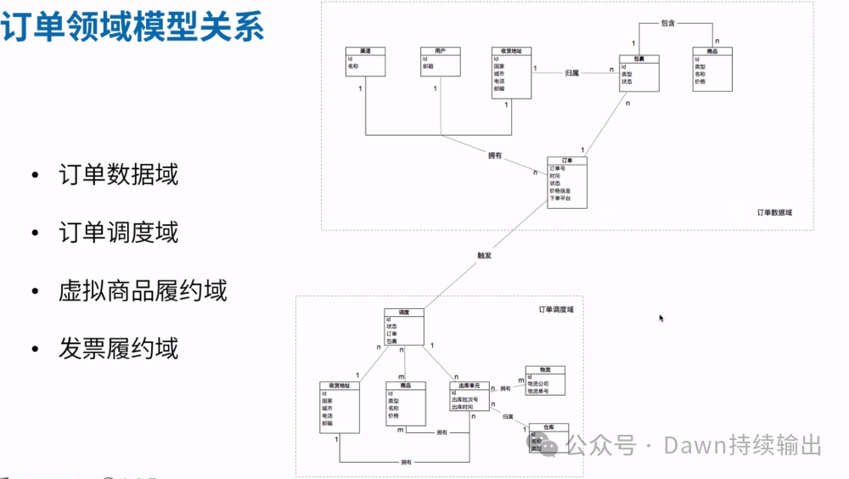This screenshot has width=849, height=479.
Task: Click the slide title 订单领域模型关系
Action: [x=132, y=28]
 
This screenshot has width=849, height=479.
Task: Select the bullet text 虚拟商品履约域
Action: [x=143, y=290]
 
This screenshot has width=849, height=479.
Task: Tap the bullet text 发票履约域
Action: [x=118, y=347]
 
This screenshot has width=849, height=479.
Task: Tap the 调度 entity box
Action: [x=404, y=327]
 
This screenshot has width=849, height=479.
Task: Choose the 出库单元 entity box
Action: [x=470, y=397]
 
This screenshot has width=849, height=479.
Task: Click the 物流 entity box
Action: [x=544, y=381]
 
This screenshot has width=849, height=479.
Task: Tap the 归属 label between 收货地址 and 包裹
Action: [x=571, y=74]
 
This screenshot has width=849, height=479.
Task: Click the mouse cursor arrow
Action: [x=661, y=318]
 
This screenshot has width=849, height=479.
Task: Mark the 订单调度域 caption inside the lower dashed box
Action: [x=556, y=309]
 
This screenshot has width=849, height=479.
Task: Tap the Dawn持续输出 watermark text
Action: [x=742, y=445]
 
